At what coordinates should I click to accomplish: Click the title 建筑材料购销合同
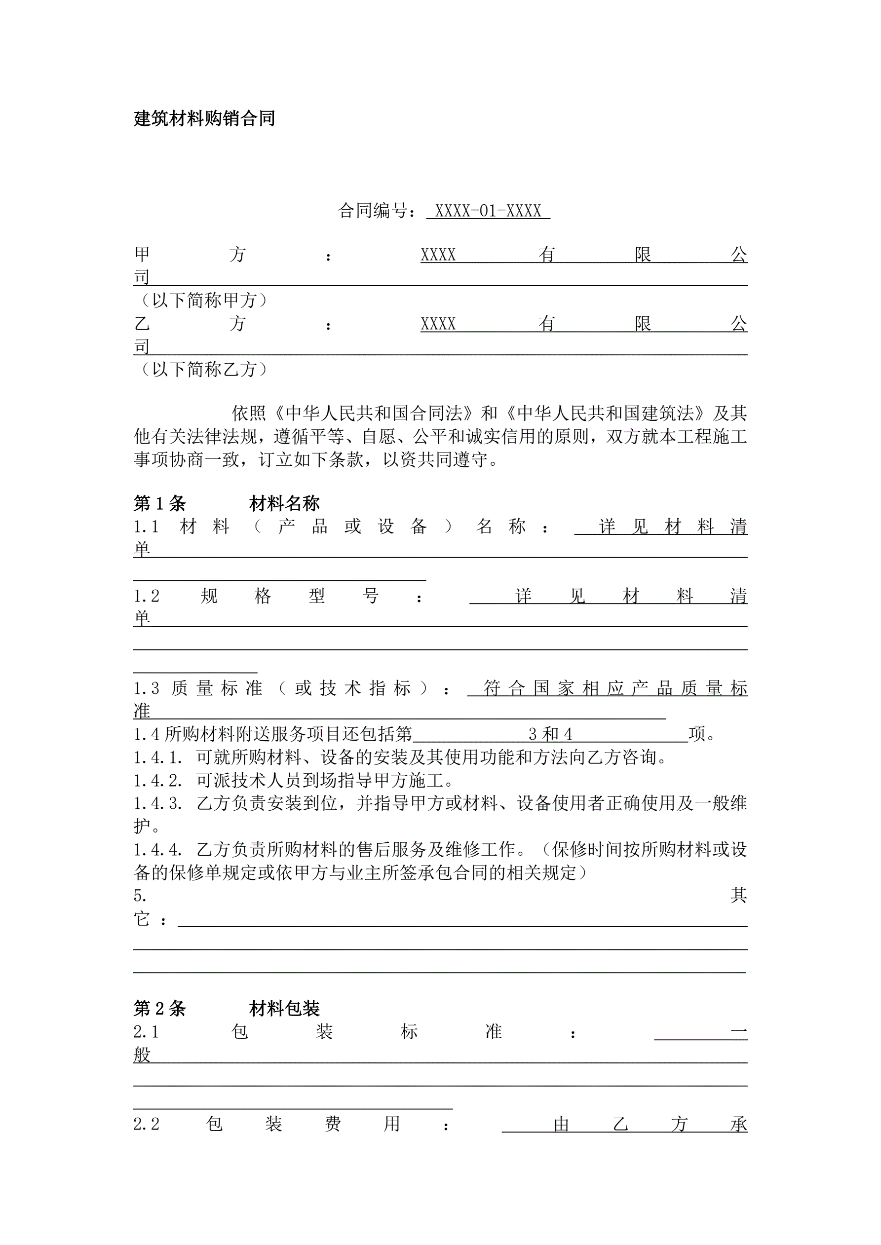204,118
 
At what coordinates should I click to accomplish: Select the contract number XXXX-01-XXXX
488,211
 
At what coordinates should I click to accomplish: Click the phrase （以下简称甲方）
203,300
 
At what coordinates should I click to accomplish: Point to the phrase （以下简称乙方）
203,369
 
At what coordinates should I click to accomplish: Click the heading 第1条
159,504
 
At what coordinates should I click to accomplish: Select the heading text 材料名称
284,504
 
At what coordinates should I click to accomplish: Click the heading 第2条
159,1008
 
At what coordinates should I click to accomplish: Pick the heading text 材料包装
284,1008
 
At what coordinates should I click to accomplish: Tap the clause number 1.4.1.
157,757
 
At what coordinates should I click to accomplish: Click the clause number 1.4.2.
157,780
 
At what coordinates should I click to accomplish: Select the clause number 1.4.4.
157,849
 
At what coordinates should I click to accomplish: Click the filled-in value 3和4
550,734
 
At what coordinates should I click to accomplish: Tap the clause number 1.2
147,596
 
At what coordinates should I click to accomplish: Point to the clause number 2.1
147,1031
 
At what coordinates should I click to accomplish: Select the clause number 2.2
147,1124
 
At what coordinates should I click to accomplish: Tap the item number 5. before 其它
140,895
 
